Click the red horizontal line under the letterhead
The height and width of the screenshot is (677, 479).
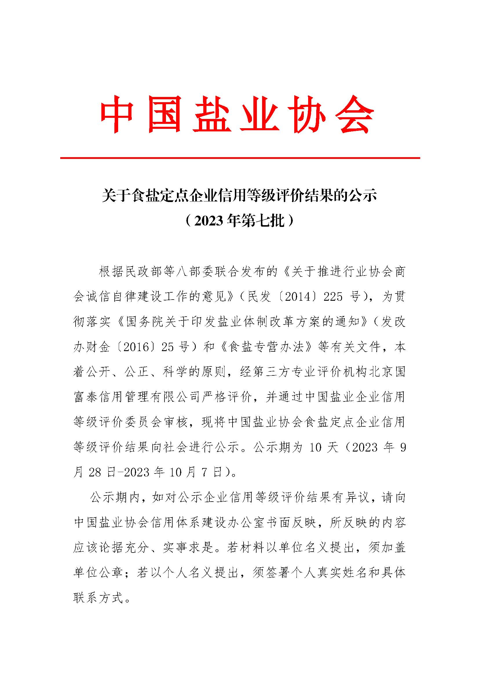point(239,158)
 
